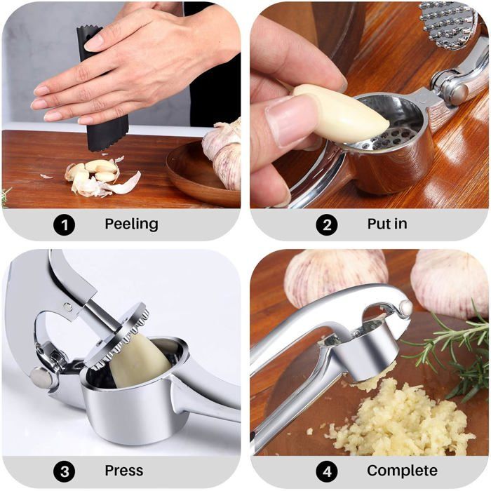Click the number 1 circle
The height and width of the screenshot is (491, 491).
[64, 224]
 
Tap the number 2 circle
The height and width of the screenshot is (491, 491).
[327, 224]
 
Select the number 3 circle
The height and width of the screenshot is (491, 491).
[64, 471]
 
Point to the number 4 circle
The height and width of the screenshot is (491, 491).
[327, 471]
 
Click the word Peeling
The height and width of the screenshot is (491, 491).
[131, 224]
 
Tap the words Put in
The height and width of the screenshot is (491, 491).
[387, 224]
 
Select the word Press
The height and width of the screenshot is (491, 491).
[124, 471]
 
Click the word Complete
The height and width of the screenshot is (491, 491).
[402, 471]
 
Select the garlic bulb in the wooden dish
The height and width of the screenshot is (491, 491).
[223, 154]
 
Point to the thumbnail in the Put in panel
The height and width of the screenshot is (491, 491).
[290, 121]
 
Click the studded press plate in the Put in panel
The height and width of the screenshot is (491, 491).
[448, 25]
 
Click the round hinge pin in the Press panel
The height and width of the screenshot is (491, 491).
[41, 378]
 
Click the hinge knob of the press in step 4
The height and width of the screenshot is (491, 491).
[406, 308]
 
